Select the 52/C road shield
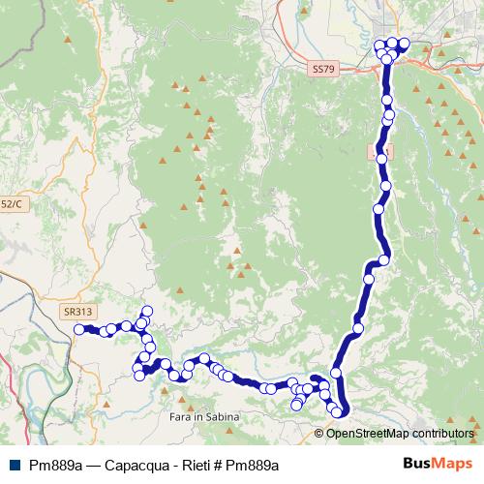coord(11,204)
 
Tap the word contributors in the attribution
coord(442,434)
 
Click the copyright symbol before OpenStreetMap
coord(320,434)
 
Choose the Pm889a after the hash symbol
coord(253,464)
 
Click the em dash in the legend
coord(93,464)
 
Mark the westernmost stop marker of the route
coord(79,329)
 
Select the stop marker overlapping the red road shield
coord(381,155)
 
